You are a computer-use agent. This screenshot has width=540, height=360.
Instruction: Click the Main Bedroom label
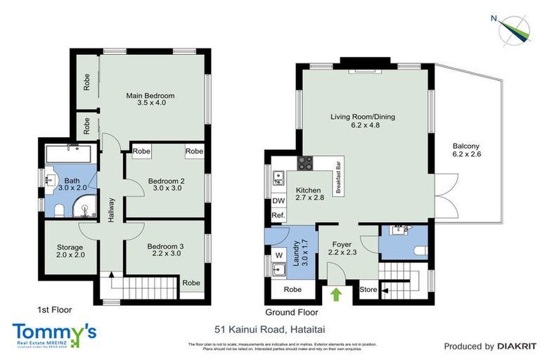coord(150,96)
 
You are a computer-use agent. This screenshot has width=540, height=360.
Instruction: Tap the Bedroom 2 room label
coord(166,181)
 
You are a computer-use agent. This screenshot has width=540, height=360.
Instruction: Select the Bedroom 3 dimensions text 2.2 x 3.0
coord(165,253)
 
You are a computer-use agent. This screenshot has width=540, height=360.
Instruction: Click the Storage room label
coord(70,247)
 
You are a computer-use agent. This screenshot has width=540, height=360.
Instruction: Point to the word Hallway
coord(111,210)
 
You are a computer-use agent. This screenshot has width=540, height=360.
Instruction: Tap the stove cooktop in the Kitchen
coord(306,164)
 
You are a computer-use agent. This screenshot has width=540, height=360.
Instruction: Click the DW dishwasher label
coord(278,200)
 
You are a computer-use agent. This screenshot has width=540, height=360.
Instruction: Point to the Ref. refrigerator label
coord(278,215)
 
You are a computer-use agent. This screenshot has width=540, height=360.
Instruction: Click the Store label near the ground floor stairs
coord(366,289)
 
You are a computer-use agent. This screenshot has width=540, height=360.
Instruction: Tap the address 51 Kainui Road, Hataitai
coord(269,328)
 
